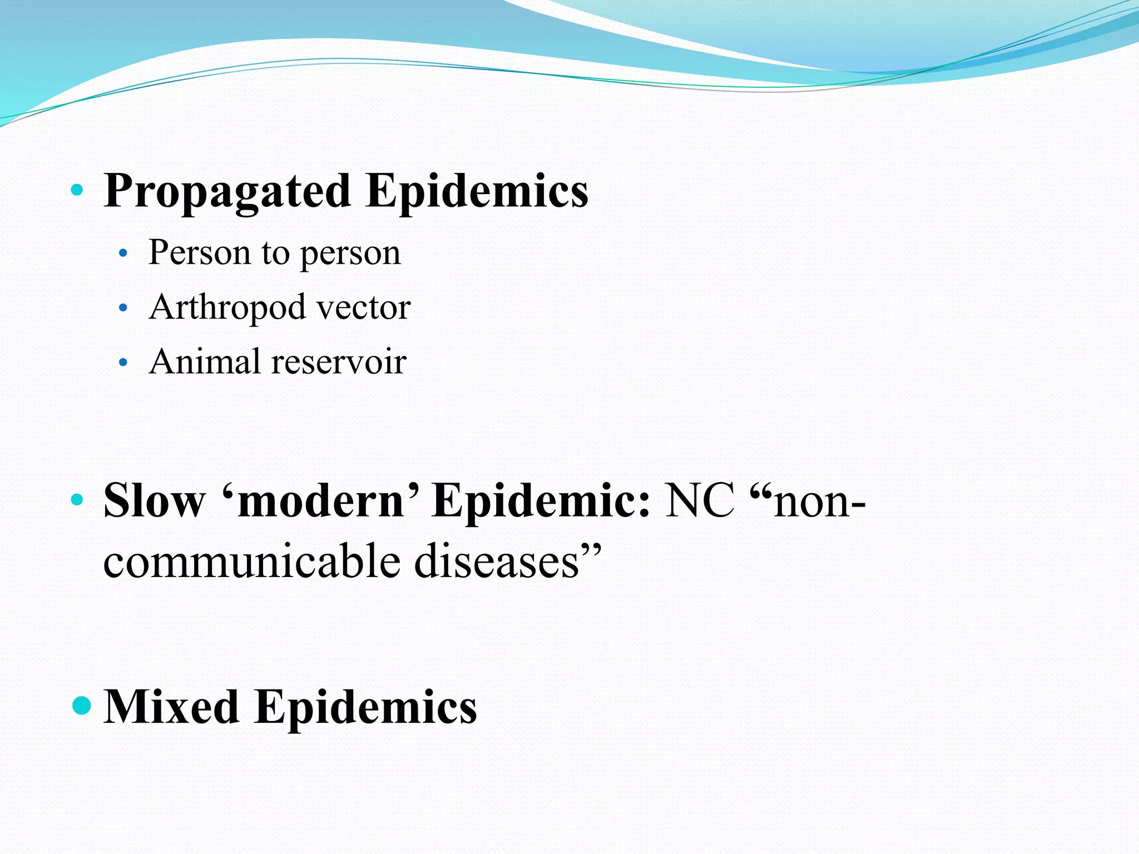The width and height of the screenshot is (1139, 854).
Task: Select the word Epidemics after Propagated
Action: [x=477, y=191]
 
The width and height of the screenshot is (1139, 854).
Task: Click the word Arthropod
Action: [x=227, y=308]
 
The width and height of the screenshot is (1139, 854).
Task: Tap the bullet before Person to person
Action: [x=123, y=254]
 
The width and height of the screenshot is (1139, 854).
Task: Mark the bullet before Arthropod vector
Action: [x=123, y=307]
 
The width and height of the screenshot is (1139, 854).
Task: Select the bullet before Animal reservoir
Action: [x=123, y=363]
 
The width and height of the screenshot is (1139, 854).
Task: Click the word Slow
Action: [x=154, y=500]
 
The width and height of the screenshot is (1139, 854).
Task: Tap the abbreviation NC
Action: [x=700, y=500]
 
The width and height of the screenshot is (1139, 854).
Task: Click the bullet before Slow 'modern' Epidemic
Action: [x=77, y=500]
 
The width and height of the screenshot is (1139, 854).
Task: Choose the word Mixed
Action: [x=171, y=707]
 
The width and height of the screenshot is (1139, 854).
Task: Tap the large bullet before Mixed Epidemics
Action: [x=82, y=706]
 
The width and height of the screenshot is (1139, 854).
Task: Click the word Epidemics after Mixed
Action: [x=365, y=707]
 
